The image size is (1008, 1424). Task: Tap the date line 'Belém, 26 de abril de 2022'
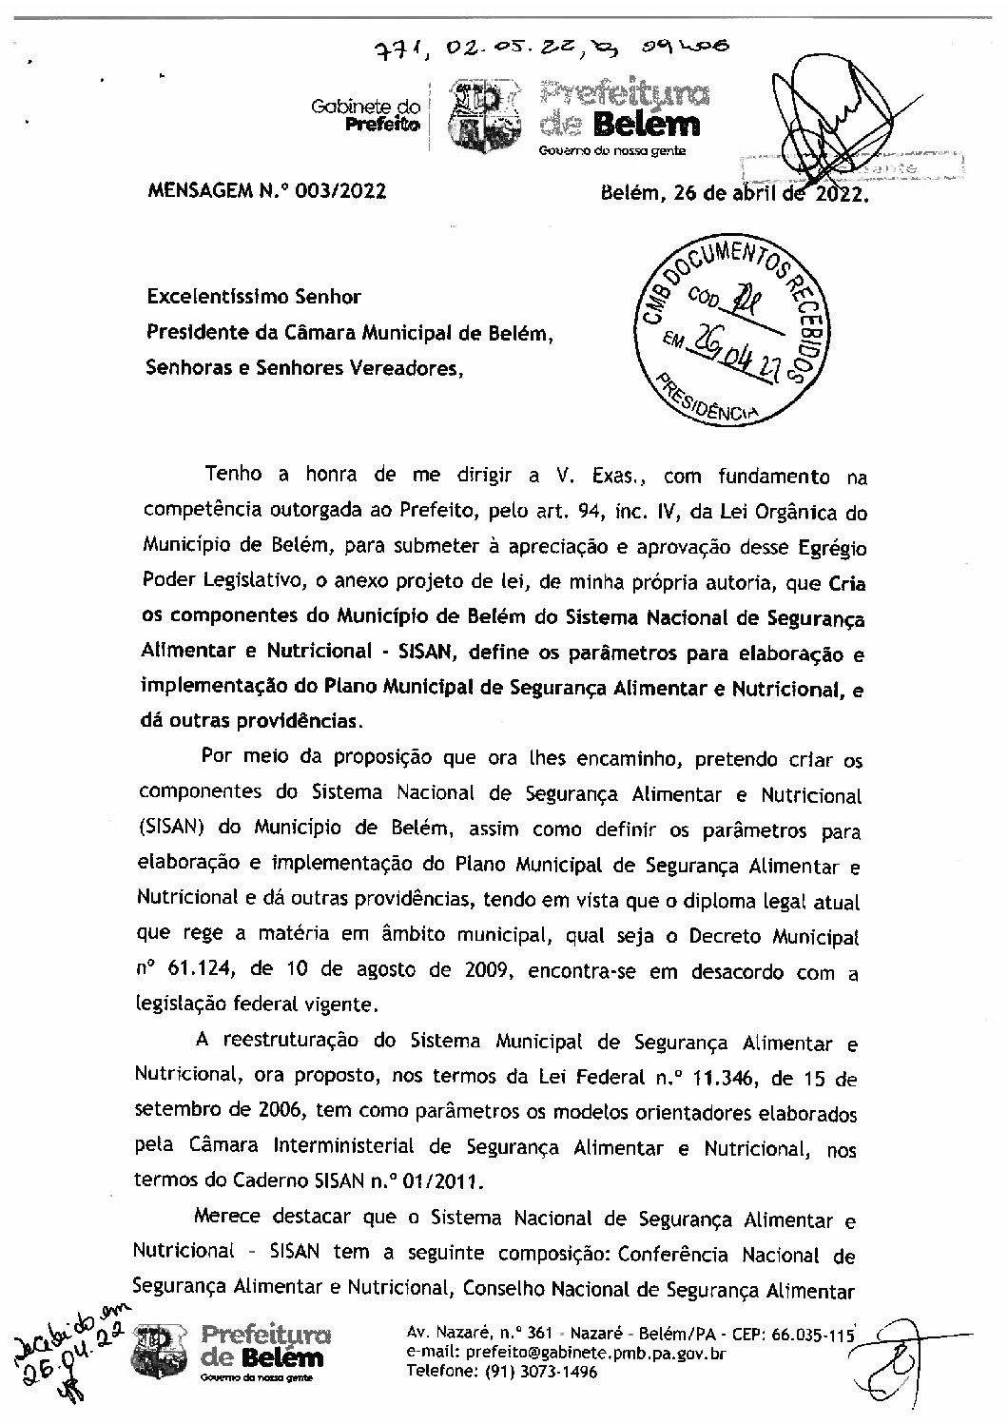pyautogui.click(x=734, y=195)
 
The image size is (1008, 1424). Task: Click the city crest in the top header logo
pyautogui.click(x=484, y=119)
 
